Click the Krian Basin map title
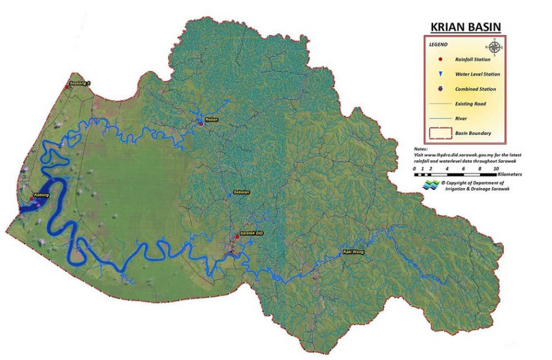click(x=465, y=27)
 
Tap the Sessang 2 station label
click(x=80, y=83)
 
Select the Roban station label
click(x=212, y=119)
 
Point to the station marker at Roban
click(x=201, y=122)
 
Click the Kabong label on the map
click(x=41, y=195)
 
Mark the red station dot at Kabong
click(x=31, y=199)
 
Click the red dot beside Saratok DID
click(x=237, y=236)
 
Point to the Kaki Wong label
click(x=353, y=251)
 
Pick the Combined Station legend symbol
click(x=440, y=89)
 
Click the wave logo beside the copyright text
click(x=430, y=185)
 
